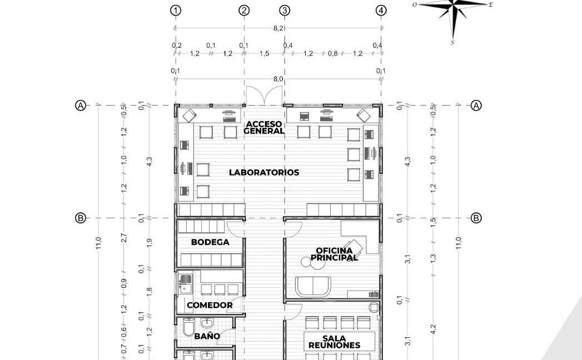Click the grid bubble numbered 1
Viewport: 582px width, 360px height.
176,11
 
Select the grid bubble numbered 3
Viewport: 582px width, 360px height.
285,11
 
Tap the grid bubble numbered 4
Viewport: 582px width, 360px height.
381,11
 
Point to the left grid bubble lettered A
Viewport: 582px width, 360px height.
81,106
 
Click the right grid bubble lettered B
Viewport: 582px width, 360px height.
476,218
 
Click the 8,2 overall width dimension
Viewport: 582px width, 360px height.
278,28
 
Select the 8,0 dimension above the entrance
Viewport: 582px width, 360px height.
278,79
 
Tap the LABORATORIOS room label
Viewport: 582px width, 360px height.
264,172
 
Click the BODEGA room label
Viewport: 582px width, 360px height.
210,242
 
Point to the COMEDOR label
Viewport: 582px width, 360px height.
210,305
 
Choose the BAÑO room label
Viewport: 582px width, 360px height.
207,336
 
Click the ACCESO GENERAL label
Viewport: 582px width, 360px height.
264,127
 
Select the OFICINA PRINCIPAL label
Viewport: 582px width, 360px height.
334,254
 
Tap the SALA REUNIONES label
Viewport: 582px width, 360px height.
334,342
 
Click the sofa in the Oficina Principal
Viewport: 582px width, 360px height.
313,287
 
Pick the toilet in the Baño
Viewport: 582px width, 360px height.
188,327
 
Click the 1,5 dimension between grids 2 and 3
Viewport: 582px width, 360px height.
264,53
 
